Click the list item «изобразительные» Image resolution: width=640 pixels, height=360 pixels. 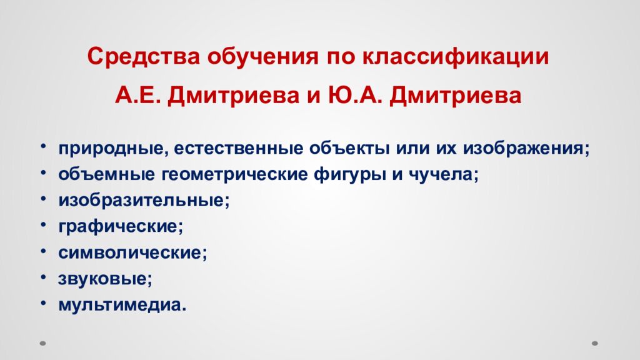click(x=144, y=201)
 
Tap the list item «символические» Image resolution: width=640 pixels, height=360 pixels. click(x=132, y=252)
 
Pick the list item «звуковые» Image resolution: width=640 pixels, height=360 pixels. click(x=106, y=279)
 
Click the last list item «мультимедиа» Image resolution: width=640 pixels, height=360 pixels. click(x=122, y=305)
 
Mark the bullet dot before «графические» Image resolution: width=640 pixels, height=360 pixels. click(x=45, y=224)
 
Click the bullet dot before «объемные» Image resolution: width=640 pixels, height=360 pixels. click(x=45, y=172)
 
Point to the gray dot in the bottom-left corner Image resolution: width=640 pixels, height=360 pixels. click(x=43, y=343)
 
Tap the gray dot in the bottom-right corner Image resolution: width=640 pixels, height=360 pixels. click(x=596, y=343)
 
